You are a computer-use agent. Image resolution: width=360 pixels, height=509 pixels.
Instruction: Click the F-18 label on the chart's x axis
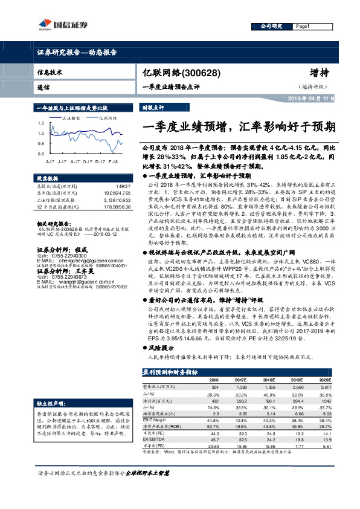click(113, 161)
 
